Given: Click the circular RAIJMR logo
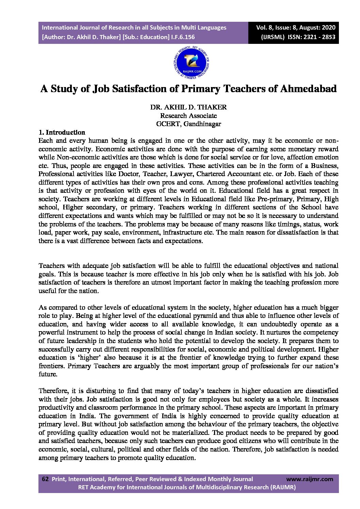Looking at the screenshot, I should [191, 63].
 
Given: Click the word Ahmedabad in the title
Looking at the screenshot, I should [308, 89].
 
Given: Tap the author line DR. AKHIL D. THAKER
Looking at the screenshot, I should [188, 107].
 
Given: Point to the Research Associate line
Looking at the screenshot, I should [188, 116].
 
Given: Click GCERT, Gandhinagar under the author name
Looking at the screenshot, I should [188, 124].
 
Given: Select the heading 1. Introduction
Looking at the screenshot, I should [62, 132].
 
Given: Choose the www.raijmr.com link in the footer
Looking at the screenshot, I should [310, 479].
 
